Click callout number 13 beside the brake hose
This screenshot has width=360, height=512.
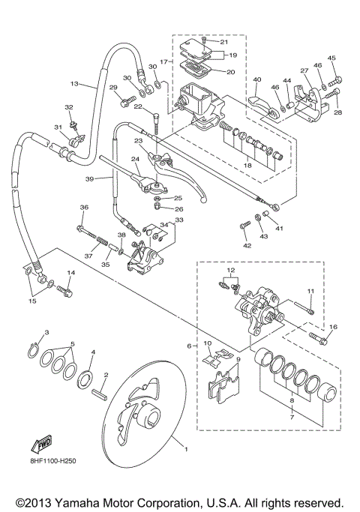coord(74,85)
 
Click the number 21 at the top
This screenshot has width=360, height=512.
coord(224,42)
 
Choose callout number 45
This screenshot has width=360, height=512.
coord(332,58)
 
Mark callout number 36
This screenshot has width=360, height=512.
coord(83,208)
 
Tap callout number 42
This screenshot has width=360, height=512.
coord(247,245)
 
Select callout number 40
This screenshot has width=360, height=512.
coord(256,80)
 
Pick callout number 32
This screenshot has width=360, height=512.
coord(69,108)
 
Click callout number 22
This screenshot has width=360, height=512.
coord(139,106)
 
